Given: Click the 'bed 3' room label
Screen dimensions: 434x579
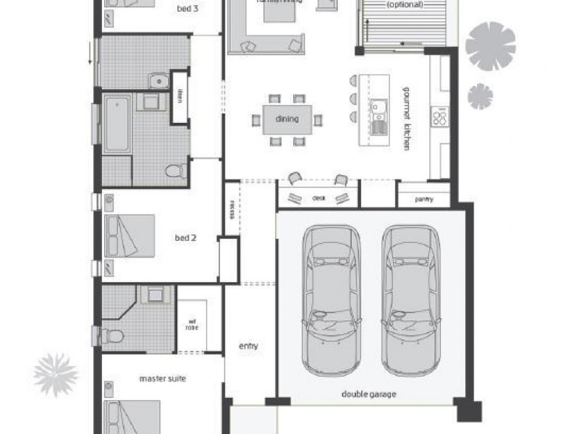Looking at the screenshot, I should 189,9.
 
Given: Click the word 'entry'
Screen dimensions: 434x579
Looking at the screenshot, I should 248,346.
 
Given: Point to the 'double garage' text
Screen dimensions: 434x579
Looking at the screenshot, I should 368,395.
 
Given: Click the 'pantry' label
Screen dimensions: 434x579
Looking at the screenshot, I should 423,199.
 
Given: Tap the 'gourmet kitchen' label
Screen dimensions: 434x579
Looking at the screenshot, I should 406,119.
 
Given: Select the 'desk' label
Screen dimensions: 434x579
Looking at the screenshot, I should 319,197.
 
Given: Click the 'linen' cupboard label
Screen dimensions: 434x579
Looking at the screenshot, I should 179,96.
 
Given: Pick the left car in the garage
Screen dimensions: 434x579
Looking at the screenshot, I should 331,298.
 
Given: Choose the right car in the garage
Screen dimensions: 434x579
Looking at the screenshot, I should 411,298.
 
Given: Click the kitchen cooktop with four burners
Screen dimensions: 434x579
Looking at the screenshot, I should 439,116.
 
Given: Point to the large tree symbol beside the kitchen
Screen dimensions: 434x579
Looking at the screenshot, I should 490,46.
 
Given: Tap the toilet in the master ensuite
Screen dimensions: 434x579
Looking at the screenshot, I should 111,336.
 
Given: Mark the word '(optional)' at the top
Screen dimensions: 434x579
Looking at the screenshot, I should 405,4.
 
